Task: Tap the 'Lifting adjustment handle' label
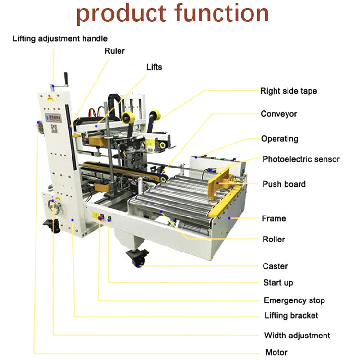[x=60, y=38]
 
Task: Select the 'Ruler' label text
[x=114, y=51]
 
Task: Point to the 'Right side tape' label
[x=288, y=91]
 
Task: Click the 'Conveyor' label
[x=278, y=114]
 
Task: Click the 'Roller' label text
[x=274, y=240]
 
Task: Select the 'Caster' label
[x=275, y=266]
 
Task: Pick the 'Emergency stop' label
[x=294, y=300]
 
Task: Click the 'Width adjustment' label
[x=297, y=336]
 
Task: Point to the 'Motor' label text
[x=276, y=352]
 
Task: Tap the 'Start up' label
[x=278, y=283]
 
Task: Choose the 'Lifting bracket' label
[x=291, y=315]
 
